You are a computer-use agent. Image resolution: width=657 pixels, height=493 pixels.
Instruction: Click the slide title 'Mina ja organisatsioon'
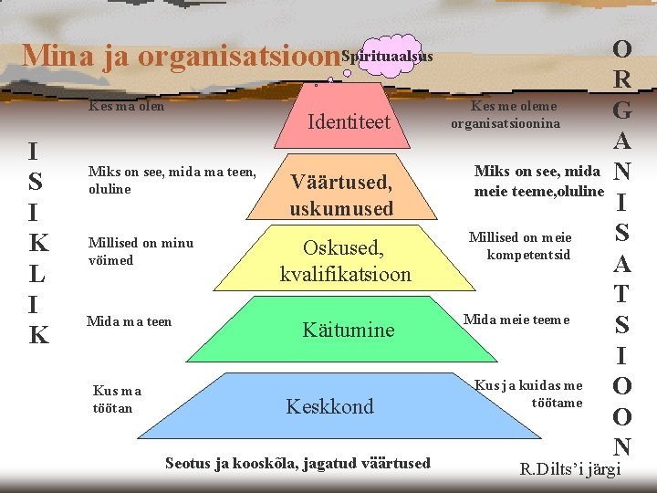181,57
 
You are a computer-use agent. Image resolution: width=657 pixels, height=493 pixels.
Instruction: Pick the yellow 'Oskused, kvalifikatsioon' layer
345,260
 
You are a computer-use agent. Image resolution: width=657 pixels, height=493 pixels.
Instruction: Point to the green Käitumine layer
348,329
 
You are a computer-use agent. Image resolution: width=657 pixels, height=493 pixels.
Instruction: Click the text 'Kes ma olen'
126,106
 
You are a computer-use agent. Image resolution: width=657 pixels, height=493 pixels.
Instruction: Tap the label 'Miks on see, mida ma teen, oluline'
172,180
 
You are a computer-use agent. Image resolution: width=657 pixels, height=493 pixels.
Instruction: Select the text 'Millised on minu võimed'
141,251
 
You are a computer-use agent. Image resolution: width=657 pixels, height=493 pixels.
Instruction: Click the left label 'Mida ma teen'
129,320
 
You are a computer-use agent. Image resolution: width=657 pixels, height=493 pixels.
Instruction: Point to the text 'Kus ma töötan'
118,399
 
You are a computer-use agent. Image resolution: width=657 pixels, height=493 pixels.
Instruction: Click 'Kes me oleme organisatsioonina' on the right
512,115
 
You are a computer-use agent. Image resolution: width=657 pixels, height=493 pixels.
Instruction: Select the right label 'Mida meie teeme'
516,319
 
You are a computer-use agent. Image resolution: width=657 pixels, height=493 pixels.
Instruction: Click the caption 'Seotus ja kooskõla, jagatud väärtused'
297,463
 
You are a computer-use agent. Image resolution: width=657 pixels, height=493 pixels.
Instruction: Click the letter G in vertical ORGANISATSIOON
622,111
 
